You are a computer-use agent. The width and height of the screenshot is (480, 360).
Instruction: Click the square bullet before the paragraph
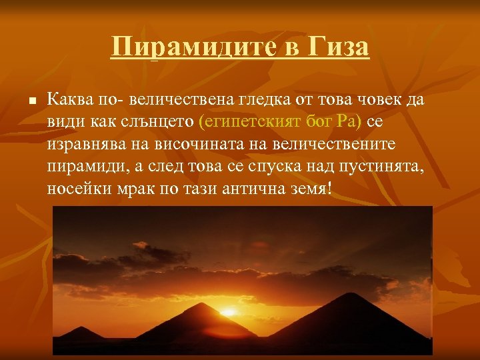coord(32,101)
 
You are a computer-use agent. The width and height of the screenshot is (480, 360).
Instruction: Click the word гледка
coord(261,100)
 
